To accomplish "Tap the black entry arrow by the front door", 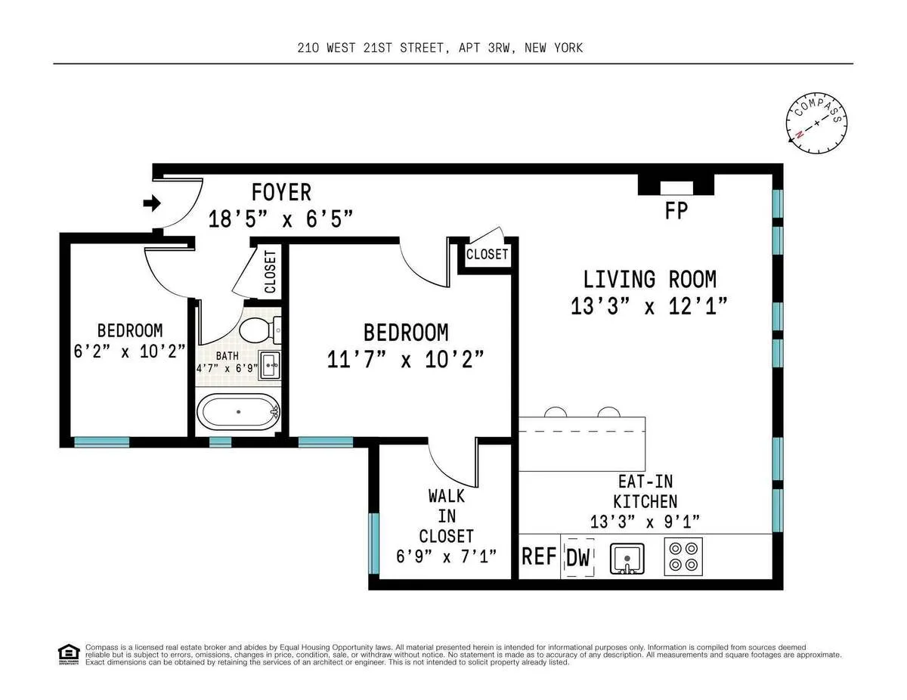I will point(152,203).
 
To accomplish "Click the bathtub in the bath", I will point(238,413).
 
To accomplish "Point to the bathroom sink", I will point(270,364).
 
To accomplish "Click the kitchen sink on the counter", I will point(627,557).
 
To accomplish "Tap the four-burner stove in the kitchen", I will point(683,556).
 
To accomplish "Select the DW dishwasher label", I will point(578,557).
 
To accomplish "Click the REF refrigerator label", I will point(539,557).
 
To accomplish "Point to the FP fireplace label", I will point(676,210).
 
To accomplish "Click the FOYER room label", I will point(281,192).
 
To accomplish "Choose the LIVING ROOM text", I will point(649,279).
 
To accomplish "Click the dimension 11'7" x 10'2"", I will point(405,358).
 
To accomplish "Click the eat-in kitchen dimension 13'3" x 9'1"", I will point(645,521).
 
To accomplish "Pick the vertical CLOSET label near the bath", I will point(271,271).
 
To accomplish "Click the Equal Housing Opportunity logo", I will point(69,653).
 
